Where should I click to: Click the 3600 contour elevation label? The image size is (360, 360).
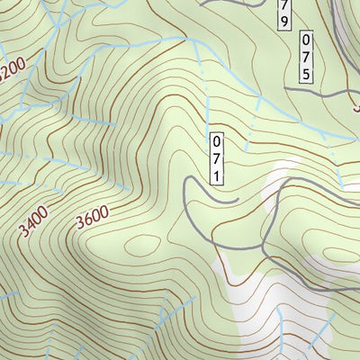pos(93,218)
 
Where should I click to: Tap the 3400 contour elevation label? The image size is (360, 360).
pos(34,220)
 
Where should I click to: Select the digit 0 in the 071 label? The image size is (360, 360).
pos(216,142)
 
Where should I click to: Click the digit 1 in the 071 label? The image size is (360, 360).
pos(216,175)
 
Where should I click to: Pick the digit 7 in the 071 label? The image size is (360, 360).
pos(216,158)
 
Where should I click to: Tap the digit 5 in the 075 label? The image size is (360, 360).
pos(307,74)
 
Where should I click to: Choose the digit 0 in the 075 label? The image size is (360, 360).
pos(307,41)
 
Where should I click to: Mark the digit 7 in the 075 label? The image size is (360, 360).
pos(307,58)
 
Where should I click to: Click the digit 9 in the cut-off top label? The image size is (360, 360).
pos(284,18)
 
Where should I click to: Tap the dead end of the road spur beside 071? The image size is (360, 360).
pos(236,200)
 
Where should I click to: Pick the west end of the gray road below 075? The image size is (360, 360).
pos(286,88)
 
